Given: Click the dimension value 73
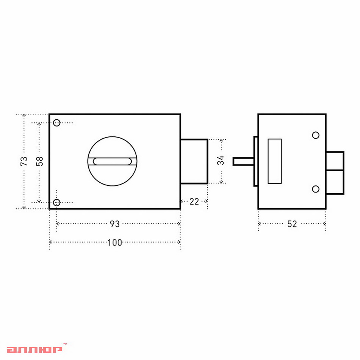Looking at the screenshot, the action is [x=24, y=161].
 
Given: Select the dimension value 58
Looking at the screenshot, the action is [x=39, y=161].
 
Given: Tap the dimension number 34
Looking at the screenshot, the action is [x=221, y=160].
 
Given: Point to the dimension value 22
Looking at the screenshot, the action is [x=194, y=202].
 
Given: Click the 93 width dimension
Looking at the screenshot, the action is [x=115, y=224].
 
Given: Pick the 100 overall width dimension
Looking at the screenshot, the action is [x=115, y=243].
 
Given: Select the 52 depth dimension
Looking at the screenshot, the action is [x=292, y=224].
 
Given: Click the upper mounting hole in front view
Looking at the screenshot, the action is [x=57, y=123].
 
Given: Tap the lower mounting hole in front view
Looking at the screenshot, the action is [x=57, y=202].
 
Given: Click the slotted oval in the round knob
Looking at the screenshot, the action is [x=112, y=161].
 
